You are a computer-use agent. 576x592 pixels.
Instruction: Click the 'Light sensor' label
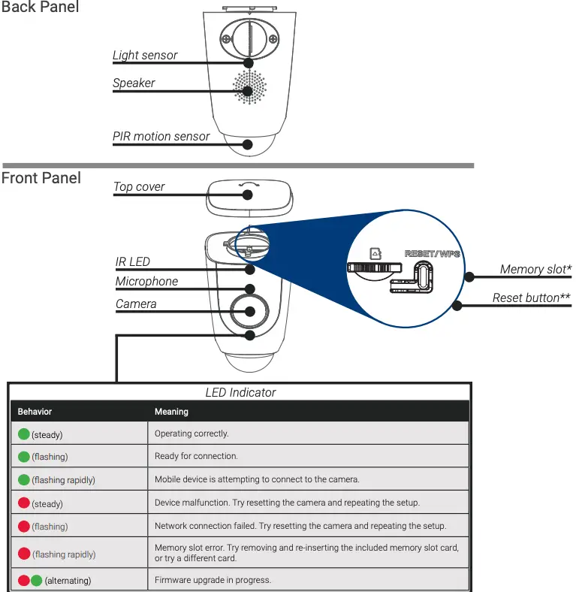[145, 55]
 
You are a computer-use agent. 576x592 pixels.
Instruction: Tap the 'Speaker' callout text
[134, 83]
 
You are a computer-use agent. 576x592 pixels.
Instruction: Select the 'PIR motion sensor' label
[161, 137]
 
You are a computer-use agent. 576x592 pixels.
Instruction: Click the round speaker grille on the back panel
[249, 88]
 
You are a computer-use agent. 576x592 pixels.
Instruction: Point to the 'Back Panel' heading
[40, 8]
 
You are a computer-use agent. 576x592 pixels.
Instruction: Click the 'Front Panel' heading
[41, 178]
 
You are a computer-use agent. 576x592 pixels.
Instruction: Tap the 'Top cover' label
[139, 187]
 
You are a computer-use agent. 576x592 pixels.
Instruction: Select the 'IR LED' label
[133, 262]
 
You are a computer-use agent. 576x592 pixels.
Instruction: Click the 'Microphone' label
[147, 282]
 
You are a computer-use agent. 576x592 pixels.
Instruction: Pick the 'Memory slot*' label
[535, 270]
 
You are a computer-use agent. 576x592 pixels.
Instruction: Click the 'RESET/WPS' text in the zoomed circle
[432, 253]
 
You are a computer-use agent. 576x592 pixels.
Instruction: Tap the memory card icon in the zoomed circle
[376, 254]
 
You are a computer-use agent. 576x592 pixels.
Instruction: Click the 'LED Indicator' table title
[240, 392]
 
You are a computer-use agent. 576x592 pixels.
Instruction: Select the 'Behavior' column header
[35, 412]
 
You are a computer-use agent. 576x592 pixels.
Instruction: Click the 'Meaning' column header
[171, 412]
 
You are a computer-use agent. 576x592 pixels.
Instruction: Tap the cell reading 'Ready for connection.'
[196, 456]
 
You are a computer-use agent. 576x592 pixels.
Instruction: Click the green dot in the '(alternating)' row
[36, 580]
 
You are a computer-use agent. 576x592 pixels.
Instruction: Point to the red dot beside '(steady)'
[24, 503]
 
